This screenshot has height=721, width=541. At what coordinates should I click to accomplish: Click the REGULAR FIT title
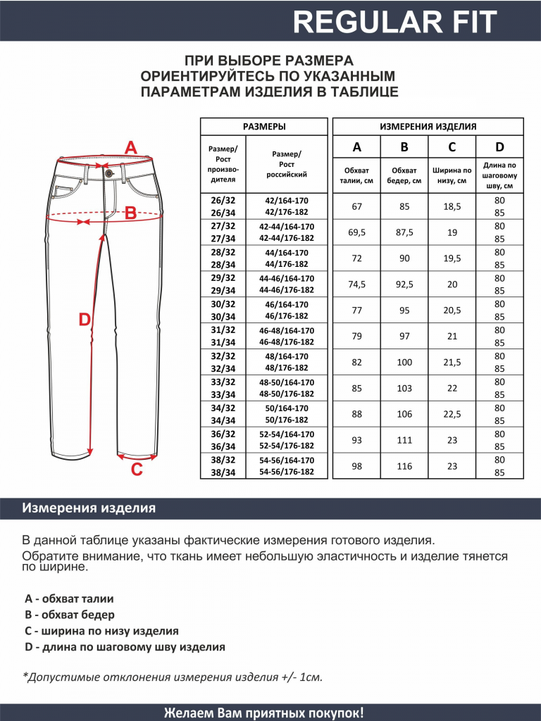click(395, 22)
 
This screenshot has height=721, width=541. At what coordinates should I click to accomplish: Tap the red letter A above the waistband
click(130, 148)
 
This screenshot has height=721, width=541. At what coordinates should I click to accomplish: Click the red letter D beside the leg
click(85, 320)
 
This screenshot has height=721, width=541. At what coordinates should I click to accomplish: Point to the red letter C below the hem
click(137, 469)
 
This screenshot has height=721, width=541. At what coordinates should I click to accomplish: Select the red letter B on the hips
click(130, 213)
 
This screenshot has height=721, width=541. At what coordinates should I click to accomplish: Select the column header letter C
click(452, 147)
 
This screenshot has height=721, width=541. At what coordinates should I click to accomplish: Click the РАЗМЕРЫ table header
click(264, 127)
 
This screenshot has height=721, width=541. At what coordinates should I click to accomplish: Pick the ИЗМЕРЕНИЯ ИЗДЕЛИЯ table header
click(428, 127)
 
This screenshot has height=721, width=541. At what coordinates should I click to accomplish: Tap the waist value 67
click(356, 206)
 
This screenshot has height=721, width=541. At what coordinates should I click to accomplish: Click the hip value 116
click(404, 466)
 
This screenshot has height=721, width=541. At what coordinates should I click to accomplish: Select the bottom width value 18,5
click(452, 206)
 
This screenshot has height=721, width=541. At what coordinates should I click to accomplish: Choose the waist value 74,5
click(356, 284)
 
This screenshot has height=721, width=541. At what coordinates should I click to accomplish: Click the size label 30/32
click(223, 304)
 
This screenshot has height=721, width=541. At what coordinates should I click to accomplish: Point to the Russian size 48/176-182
click(287, 368)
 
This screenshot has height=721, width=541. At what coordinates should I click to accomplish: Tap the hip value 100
click(404, 362)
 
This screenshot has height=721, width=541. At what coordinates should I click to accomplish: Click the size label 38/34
click(223, 472)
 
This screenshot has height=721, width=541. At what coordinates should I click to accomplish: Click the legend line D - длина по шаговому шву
click(125, 647)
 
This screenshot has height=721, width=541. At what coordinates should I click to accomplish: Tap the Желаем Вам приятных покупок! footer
click(264, 712)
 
